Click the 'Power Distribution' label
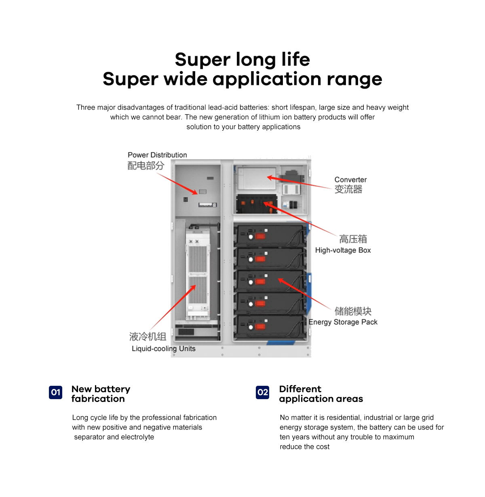tap(157, 155)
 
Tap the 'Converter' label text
tap(350, 180)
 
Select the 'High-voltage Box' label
tap(343, 250)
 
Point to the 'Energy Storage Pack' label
tap(343, 322)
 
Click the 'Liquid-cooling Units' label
tap(164, 349)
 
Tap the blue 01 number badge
tap(56, 392)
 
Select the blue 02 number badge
tap(262, 392)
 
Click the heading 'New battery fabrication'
tap(101, 394)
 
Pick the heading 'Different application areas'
tap(321, 394)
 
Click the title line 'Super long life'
tap(242, 59)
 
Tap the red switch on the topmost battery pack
tap(260, 236)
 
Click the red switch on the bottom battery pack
tap(260, 326)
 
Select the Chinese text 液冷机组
tap(148, 336)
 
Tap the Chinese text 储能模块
tap(353, 311)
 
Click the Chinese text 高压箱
tap(353, 239)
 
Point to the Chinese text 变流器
tap(348, 190)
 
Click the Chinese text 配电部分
tap(146, 166)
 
